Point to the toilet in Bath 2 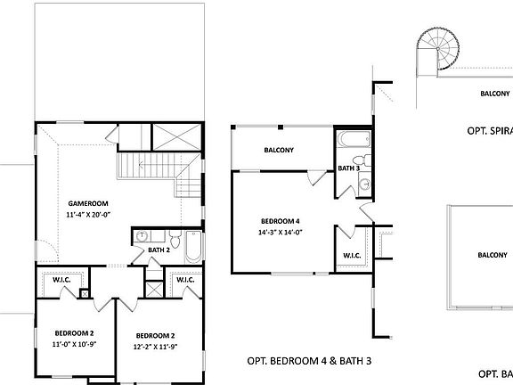(x=175, y=242)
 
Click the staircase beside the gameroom (x=147, y=167)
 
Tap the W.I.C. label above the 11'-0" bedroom (x=61, y=280)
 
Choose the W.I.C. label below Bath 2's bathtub (x=185, y=280)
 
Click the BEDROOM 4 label (x=280, y=221)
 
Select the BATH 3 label (x=349, y=168)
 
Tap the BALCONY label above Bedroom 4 (x=279, y=150)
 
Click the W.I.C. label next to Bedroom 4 (x=351, y=256)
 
